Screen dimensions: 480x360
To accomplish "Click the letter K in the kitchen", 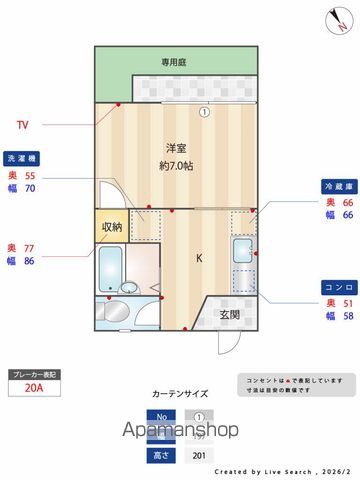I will (x=198, y=259).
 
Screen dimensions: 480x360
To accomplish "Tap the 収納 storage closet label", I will (x=111, y=227).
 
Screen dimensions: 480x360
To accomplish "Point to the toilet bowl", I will (x=121, y=310).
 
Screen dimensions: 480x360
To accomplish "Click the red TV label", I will (x=22, y=126).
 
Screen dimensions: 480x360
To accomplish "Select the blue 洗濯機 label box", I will (x=22, y=158).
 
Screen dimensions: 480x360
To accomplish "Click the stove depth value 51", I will (x=349, y=302).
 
